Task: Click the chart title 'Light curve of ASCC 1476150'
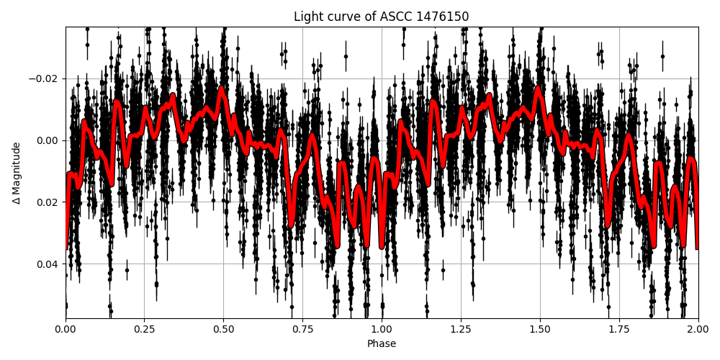382,17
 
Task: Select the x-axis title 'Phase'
382,344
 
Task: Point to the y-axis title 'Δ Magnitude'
17,173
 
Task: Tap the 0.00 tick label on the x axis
66,329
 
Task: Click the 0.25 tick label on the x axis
144,329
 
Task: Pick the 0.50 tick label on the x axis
223,329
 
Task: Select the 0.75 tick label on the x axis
302,329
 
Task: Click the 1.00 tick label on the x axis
382,329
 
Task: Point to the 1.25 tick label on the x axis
461,329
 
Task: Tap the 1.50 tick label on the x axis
540,329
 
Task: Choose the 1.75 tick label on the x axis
619,329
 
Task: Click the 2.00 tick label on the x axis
698,329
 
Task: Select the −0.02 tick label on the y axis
45,78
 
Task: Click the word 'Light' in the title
307,17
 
